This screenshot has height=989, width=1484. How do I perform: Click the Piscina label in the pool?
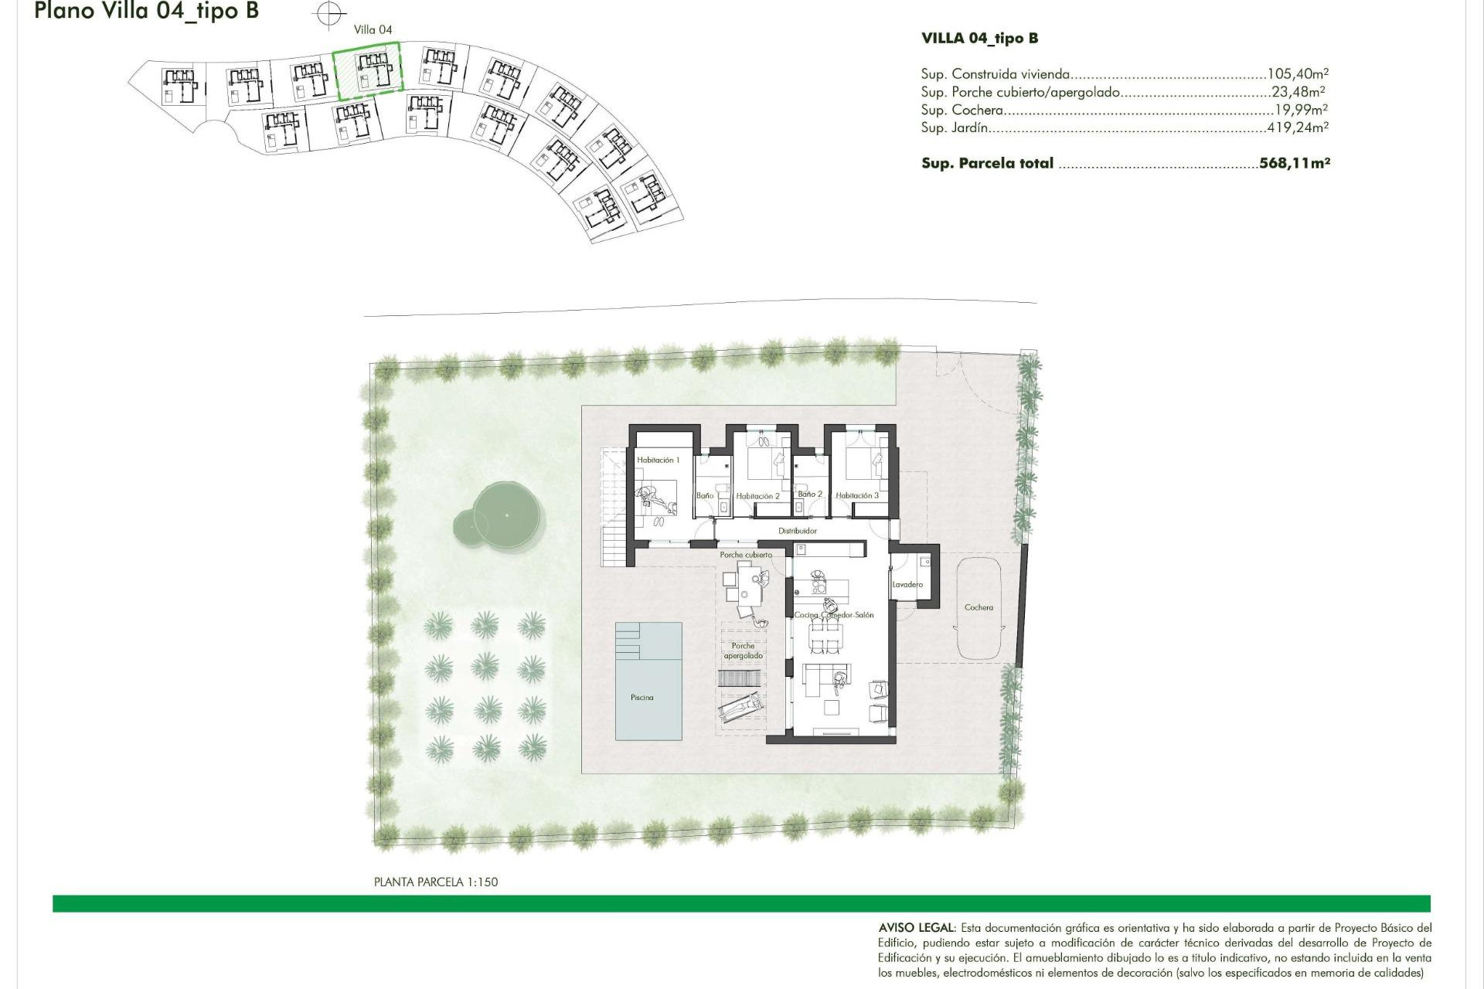642,698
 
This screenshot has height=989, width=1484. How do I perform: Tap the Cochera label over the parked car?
979,607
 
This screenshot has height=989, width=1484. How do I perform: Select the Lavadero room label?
907,585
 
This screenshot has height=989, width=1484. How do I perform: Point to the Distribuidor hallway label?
798,531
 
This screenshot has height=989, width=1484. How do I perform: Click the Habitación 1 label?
658,460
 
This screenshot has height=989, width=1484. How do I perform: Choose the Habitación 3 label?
857,495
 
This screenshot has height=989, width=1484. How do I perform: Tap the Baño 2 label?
810,494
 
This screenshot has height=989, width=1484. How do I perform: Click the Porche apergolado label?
743,651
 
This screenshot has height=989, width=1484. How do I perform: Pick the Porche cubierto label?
746,555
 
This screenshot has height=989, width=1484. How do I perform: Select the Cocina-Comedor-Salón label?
834,615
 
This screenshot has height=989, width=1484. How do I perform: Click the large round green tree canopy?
506,515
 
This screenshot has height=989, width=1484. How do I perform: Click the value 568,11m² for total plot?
1295,163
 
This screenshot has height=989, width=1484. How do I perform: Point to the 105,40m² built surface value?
1298,74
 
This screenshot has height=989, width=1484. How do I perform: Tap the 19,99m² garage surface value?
1301,110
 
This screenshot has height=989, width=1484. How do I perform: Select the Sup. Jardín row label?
954,127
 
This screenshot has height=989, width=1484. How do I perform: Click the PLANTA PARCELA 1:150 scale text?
436,882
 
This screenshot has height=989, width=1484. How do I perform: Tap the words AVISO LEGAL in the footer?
917,927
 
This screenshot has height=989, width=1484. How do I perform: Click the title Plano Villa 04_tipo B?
146,11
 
